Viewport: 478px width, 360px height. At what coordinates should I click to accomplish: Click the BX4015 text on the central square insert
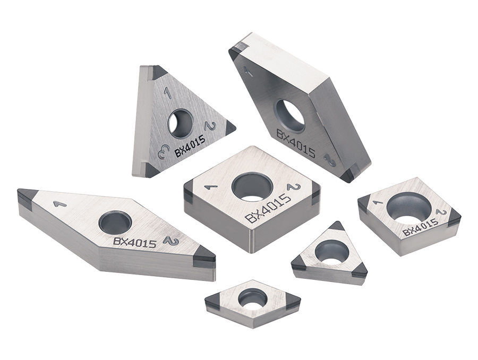(268, 209)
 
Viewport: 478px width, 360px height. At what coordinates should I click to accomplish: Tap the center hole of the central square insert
(252, 187)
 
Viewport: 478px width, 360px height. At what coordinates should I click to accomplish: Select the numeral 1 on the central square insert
(209, 187)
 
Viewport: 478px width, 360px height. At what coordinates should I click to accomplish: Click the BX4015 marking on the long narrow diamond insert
(135, 243)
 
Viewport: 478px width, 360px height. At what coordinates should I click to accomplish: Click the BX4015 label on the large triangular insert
(190, 146)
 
